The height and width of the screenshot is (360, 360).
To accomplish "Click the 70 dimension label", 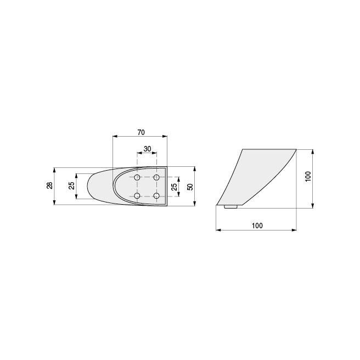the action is (141, 132).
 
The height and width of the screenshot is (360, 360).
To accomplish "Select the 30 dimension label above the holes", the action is (148, 149).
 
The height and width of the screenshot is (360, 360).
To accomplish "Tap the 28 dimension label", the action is (49, 185).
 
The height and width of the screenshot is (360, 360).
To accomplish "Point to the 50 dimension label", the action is (190, 187).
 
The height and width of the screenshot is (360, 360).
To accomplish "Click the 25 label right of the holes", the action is (175, 187).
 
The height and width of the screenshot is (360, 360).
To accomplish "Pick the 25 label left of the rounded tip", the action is (72, 185).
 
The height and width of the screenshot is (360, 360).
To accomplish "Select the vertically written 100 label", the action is (308, 176).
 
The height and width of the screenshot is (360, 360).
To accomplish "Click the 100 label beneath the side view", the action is (257, 226).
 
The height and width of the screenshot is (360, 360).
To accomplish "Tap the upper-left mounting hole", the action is (137, 177).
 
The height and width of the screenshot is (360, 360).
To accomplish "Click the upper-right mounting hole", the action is (156, 177).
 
